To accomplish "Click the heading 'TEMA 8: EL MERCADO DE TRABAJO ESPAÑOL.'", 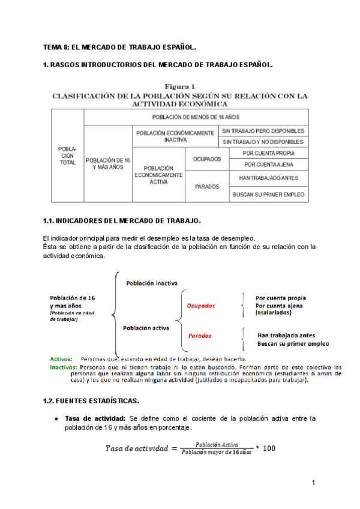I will tap(120, 46).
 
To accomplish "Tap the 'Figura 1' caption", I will tap(179, 86).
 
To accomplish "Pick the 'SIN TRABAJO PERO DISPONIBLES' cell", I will tap(263, 131).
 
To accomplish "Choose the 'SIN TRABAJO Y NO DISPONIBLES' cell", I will tap(263, 142).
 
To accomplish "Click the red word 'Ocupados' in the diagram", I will tap(201, 306).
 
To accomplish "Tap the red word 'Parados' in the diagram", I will tap(200, 336).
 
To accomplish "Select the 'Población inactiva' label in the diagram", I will tap(151, 283).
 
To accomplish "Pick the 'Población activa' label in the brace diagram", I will tap(146, 328).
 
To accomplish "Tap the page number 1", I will tap(313, 483).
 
